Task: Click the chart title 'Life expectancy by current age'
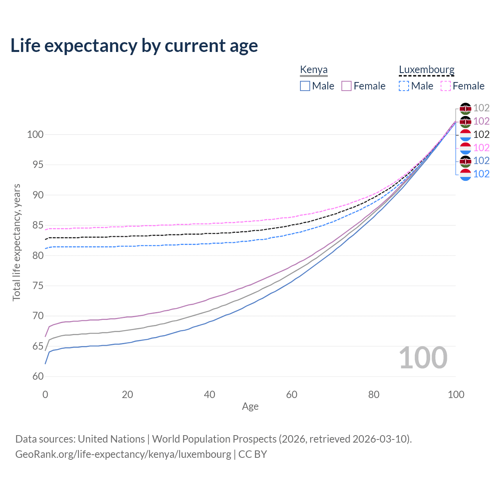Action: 134,46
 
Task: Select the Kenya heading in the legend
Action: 314,70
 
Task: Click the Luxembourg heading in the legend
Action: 427,70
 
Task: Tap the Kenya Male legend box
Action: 305,86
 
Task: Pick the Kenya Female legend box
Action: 346,86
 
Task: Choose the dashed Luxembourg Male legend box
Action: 404,86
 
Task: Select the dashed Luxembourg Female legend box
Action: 446,86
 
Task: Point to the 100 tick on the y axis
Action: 35,135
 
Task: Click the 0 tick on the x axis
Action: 45,395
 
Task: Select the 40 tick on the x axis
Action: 210,395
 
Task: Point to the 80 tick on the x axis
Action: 374,395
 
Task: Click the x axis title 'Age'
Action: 250,407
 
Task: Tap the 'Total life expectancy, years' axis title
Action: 16,242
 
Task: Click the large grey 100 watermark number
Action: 423,358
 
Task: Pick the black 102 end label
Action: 481,134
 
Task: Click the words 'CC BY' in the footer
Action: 253,454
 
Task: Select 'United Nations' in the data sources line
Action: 111,439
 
